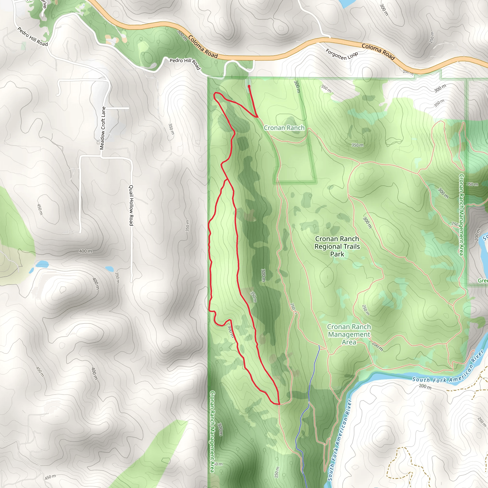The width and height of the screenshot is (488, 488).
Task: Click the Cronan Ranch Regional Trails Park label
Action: (337, 246)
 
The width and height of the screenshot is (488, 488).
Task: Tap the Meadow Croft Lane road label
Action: (102, 128)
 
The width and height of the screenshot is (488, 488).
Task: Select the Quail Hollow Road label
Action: (131, 205)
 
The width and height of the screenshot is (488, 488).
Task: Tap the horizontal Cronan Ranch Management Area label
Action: (349, 334)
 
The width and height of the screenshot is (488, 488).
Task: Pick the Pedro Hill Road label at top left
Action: (33, 37)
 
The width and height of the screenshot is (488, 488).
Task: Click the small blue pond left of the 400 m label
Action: (42, 264)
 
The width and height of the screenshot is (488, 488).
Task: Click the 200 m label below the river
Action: (425, 386)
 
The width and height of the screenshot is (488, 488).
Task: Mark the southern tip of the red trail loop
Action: (279, 404)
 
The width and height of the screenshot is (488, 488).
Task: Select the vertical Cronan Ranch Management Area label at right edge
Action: (461, 215)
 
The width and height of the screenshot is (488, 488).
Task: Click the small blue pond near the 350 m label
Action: (109, 268)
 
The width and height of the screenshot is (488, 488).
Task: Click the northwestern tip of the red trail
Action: (215, 94)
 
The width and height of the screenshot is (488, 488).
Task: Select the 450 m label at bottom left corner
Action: (50, 477)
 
